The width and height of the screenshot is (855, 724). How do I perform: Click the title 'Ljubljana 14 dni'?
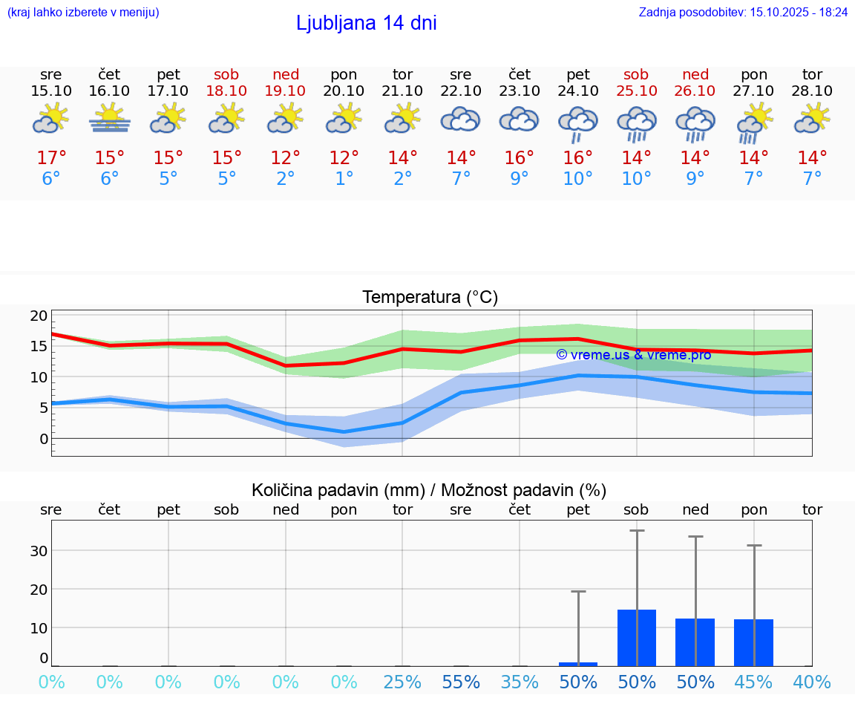pyautogui.click(x=366, y=23)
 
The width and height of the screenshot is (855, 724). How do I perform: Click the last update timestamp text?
pyautogui.click(x=743, y=12)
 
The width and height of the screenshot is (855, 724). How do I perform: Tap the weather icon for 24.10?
pyautogui.click(x=578, y=123)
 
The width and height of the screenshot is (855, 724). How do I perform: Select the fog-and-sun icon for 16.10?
pyautogui.click(x=110, y=119)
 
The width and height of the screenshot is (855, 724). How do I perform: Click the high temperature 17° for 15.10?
pyautogui.click(x=51, y=158)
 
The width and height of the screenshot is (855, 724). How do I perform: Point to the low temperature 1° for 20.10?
pyautogui.click(x=344, y=179)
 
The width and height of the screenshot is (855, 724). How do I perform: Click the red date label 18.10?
pyautogui.click(x=226, y=91)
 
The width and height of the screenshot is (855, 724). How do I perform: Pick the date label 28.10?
pyautogui.click(x=812, y=91)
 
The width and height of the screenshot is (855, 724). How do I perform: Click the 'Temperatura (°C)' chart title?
pyautogui.click(x=430, y=297)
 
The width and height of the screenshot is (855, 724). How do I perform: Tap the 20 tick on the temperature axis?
pyautogui.click(x=39, y=316)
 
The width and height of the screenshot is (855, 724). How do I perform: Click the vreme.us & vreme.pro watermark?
pyautogui.click(x=633, y=354)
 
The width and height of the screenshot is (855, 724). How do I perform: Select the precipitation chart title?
pyautogui.click(x=429, y=490)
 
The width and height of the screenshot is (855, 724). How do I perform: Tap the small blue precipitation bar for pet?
pyautogui.click(x=578, y=664)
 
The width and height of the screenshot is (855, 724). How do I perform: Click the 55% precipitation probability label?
pyautogui.click(x=461, y=682)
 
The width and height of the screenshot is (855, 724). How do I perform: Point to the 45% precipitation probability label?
pyautogui.click(x=753, y=682)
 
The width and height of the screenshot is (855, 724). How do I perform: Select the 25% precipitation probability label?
pyautogui.click(x=402, y=682)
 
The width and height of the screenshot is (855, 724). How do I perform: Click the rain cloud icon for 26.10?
pyautogui.click(x=695, y=123)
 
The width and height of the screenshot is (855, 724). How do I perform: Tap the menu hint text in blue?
pyautogui.click(x=83, y=12)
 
